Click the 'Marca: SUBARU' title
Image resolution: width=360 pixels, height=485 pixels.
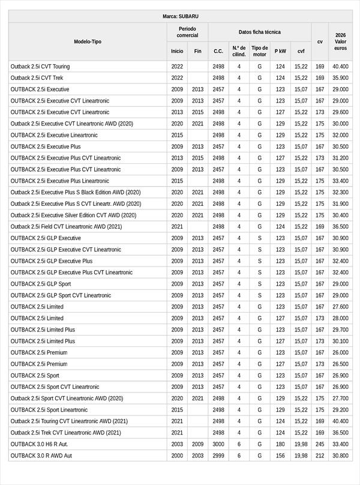point(180,16)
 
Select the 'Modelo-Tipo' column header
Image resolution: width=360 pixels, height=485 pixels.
point(88,41)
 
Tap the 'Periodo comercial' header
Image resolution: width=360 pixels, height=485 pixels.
point(187,32)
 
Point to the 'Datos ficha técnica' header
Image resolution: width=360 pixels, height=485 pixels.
point(259,32)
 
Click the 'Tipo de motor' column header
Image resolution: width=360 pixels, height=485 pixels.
point(260,51)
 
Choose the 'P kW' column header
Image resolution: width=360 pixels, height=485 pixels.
point(280,51)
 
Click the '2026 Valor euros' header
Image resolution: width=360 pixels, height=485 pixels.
point(340,41)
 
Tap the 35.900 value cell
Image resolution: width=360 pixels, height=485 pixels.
point(340,78)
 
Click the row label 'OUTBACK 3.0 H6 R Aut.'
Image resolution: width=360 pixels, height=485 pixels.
point(41,444)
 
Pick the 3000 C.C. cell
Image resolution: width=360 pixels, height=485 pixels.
point(218,444)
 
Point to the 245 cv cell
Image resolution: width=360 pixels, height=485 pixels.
point(320,444)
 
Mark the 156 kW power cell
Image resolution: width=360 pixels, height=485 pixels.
point(280,456)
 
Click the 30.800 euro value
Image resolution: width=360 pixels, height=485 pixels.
point(340,456)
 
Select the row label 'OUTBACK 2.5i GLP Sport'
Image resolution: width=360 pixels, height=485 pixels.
point(41,284)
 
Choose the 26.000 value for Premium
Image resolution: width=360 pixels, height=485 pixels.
point(340,352)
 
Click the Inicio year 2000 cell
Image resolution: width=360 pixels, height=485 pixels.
point(177,456)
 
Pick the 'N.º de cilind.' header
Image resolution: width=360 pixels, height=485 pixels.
point(239,51)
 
